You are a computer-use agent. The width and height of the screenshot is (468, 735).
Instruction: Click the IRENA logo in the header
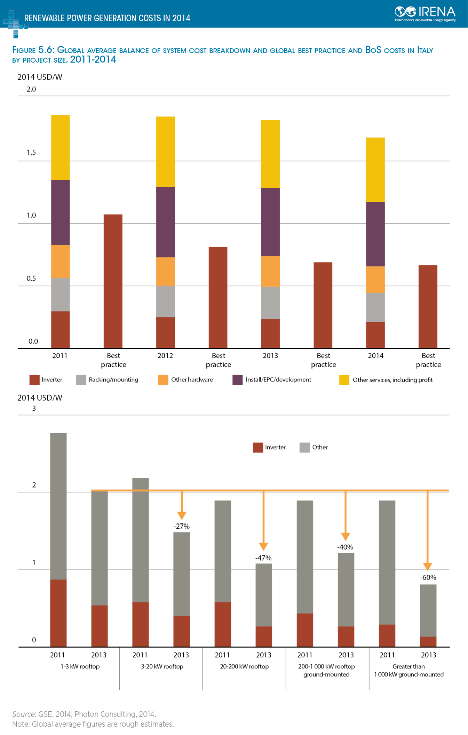[425, 14]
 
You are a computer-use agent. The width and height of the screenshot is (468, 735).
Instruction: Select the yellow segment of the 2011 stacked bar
[61, 147]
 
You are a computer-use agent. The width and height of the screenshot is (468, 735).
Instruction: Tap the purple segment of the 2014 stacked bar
[375, 234]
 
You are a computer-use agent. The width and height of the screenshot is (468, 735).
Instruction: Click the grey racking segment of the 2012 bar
[165, 301]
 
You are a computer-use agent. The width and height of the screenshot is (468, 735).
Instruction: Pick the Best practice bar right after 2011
[113, 281]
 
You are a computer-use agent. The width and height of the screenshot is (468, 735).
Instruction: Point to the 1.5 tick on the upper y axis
[31, 152]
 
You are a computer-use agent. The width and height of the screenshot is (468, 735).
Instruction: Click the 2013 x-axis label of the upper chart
[270, 356]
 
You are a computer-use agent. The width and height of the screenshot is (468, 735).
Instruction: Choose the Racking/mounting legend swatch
[81, 380]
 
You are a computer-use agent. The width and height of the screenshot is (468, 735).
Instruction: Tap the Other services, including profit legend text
[392, 380]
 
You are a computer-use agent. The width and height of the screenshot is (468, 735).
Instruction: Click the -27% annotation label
[182, 526]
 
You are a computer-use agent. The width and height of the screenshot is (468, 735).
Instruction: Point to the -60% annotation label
[428, 577]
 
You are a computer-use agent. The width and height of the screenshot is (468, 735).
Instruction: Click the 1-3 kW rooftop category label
[80, 666]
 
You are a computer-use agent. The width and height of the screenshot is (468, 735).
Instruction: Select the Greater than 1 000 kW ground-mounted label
[409, 670]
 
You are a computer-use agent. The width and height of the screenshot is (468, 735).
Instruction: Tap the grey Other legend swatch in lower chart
[304, 448]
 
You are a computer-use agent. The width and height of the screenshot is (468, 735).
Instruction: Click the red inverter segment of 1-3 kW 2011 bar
[58, 613]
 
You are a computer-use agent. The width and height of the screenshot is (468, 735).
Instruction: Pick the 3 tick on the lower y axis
[34, 409]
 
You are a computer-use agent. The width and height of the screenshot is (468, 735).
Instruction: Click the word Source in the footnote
[23, 714]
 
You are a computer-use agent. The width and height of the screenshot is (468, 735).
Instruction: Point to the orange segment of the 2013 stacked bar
[270, 271]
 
